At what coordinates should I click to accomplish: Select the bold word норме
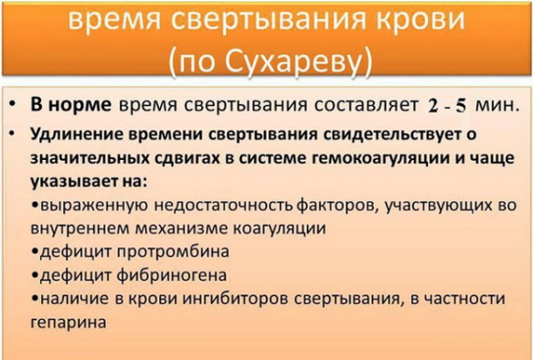tap(80, 105)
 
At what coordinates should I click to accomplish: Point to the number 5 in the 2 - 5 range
tap(461, 106)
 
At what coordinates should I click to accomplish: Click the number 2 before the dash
tap(430, 106)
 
